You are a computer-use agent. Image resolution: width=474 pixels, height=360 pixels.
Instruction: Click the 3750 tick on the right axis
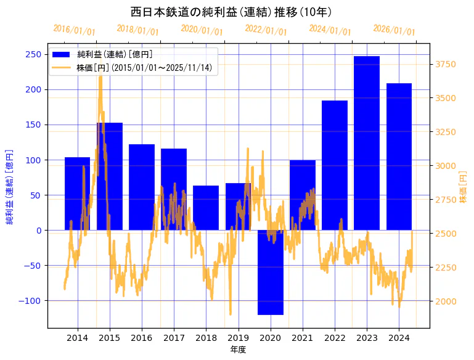pyautogui.click(x=446, y=64)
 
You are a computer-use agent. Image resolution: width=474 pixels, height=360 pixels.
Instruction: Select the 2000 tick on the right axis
pyautogui.click(x=446, y=301)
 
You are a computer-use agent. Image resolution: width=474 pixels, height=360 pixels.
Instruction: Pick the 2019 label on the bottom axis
pyautogui.click(x=238, y=338)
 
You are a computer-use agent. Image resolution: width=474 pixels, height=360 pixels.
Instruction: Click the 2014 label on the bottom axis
pyautogui.click(x=78, y=338)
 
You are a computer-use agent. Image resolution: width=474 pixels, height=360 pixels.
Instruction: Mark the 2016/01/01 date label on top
pyautogui.click(x=74, y=30)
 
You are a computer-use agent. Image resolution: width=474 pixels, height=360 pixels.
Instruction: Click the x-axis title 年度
pyautogui.click(x=238, y=350)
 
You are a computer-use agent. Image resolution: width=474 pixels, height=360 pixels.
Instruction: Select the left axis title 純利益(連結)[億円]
pyautogui.click(x=10, y=186)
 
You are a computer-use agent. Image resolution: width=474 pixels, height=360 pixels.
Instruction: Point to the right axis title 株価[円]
pyautogui.click(x=463, y=187)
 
